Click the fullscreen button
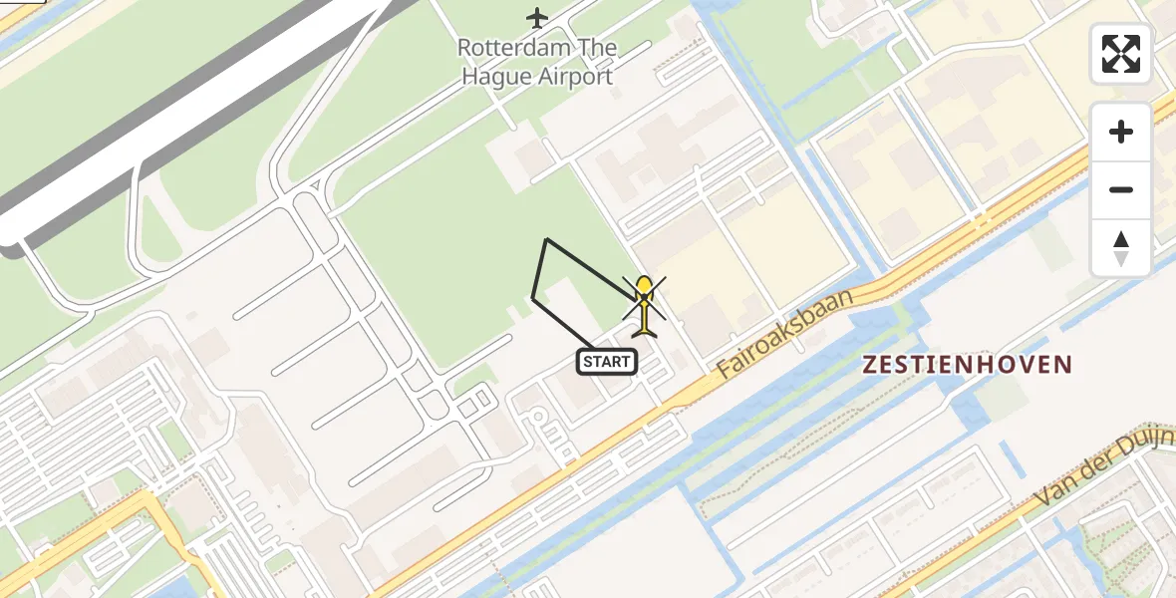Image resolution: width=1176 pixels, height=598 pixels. point(1121,54)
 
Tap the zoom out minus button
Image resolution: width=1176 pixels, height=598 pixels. point(1121,189)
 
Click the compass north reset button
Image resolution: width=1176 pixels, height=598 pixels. point(1121,247)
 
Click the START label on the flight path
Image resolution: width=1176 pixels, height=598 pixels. point(607,362)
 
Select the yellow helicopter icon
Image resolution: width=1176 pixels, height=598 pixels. point(645,304)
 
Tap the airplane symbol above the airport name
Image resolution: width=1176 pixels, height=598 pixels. point(537,18)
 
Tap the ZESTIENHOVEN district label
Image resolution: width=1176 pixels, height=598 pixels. point(967,365)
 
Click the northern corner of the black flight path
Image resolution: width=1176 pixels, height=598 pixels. point(546,239)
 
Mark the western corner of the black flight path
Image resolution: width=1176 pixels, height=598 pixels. point(533,297)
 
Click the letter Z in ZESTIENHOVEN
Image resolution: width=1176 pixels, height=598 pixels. point(870,365)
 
